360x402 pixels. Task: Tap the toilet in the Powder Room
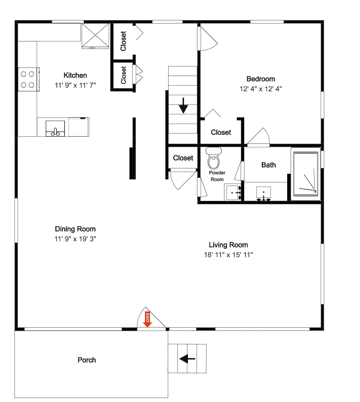214,158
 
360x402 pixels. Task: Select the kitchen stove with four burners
29,79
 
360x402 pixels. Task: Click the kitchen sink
55,129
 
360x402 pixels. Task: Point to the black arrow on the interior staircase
183,105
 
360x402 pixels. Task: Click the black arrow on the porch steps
187,359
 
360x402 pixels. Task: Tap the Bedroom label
261,79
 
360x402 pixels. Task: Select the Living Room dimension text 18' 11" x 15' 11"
228,254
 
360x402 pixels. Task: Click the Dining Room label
75,229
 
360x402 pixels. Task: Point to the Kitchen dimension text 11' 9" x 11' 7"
75,85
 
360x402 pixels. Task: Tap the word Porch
87,360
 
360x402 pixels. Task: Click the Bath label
268,165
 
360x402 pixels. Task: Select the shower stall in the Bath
306,174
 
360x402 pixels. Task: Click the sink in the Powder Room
233,192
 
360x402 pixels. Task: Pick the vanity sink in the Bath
263,193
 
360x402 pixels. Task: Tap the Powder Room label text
217,176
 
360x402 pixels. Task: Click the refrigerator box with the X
95,36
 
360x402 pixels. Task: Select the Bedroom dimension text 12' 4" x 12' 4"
261,89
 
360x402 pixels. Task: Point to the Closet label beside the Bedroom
221,132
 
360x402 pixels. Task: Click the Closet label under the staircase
183,158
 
